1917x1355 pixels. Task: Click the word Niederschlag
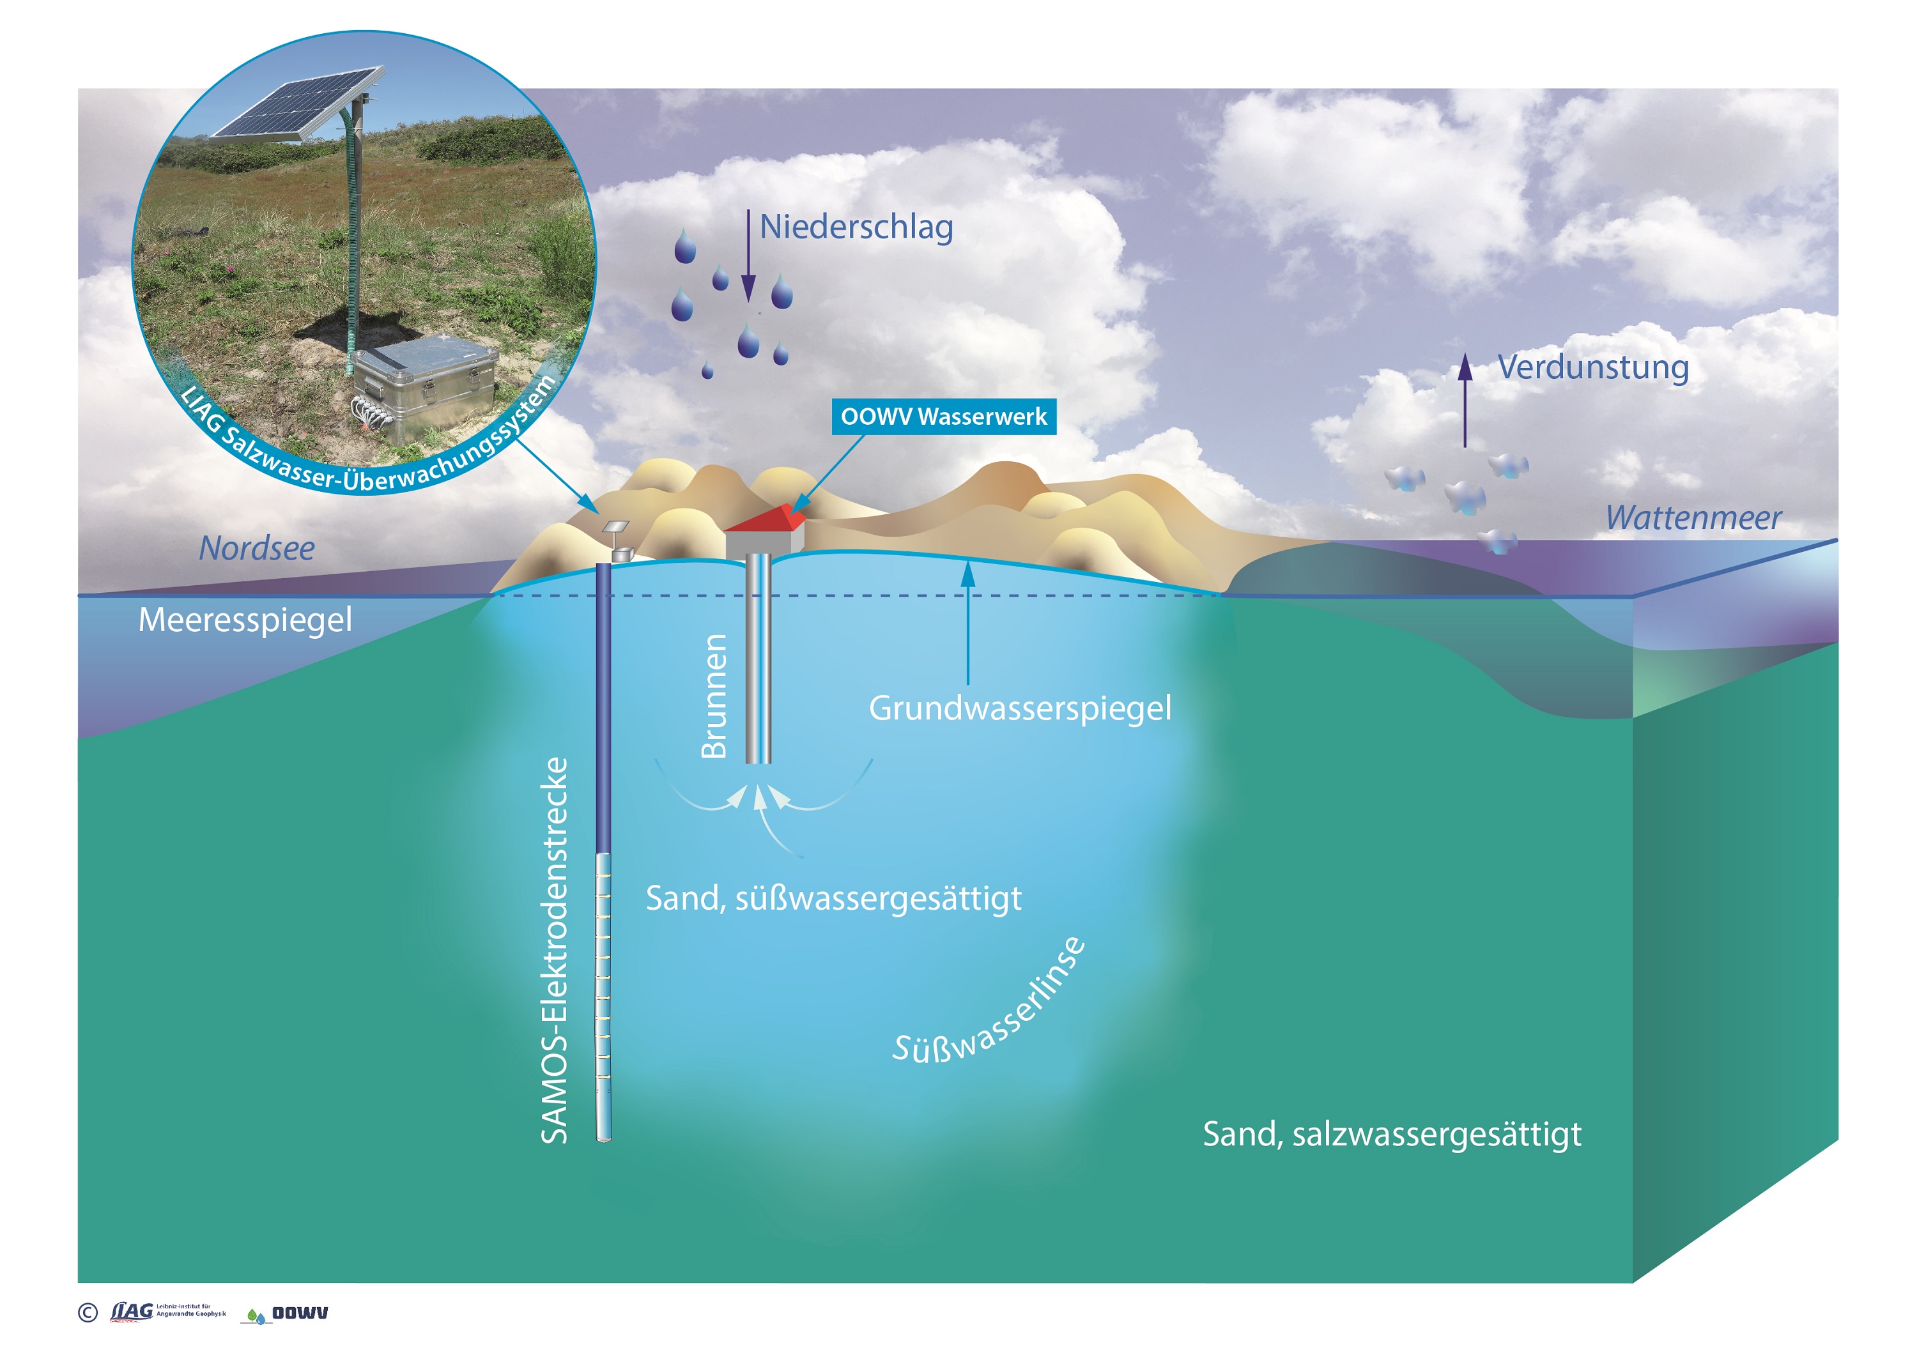pyautogui.click(x=856, y=227)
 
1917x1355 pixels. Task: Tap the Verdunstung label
pyautogui.click(x=1593, y=367)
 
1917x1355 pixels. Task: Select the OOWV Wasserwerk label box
pyautogui.click(x=943, y=417)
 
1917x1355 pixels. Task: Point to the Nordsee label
pyautogui.click(x=256, y=549)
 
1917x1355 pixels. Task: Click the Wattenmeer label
pyautogui.click(x=1693, y=517)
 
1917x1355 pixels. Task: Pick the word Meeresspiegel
pyautogui.click(x=245, y=620)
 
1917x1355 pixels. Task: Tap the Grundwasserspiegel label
pyautogui.click(x=1019, y=708)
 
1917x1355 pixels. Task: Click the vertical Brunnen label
pyautogui.click(x=714, y=696)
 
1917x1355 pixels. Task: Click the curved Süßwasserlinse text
pyautogui.click(x=989, y=1006)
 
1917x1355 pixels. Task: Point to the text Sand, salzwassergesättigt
pyautogui.click(x=1391, y=1134)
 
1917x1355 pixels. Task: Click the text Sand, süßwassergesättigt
pyautogui.click(x=833, y=898)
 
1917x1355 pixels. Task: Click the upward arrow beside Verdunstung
pyautogui.click(x=1465, y=401)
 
